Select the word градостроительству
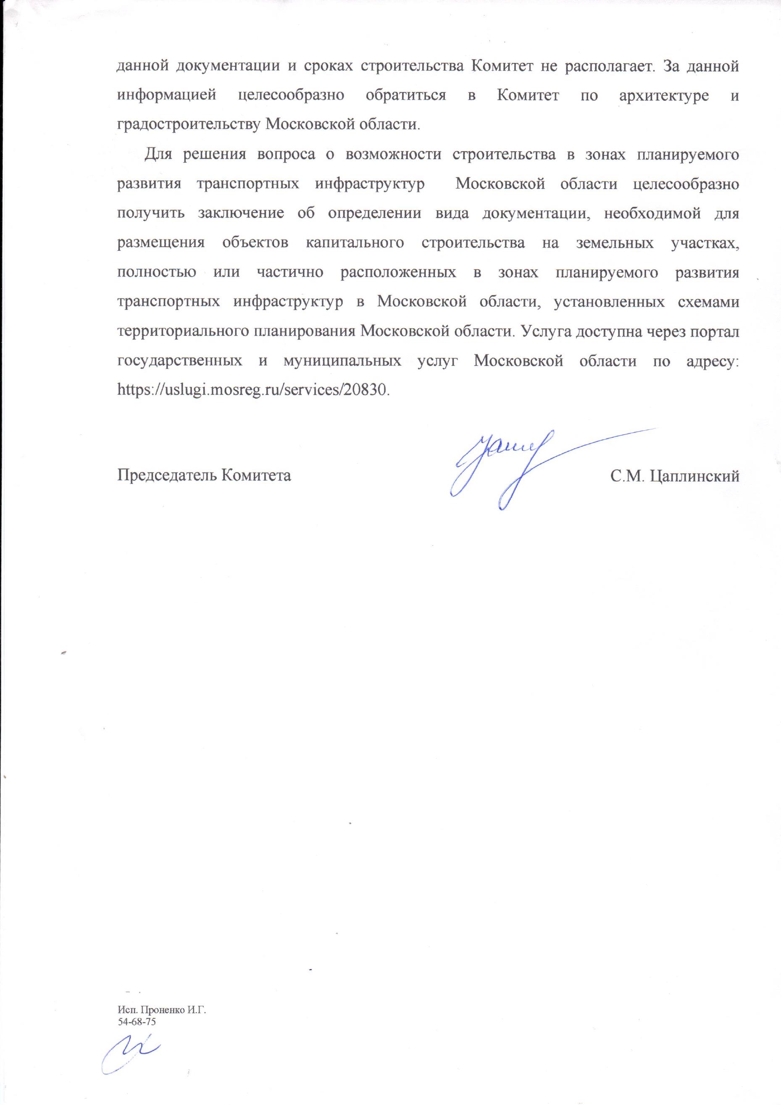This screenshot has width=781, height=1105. (x=189, y=125)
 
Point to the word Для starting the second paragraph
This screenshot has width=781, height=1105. (x=155, y=155)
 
